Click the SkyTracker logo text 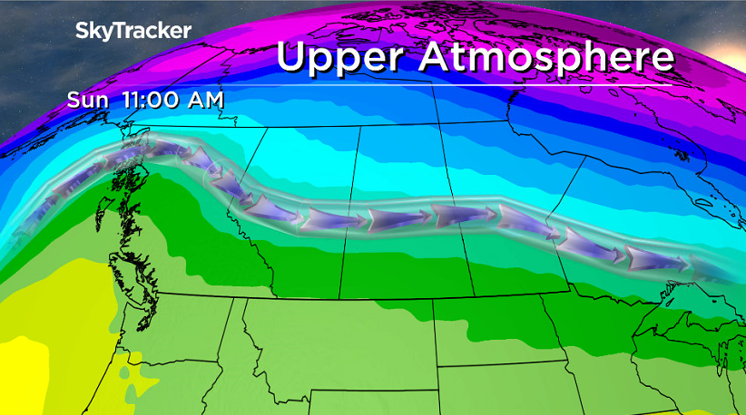point(133,30)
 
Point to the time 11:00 point(151,100)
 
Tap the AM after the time point(205,100)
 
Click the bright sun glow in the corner point(726,18)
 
